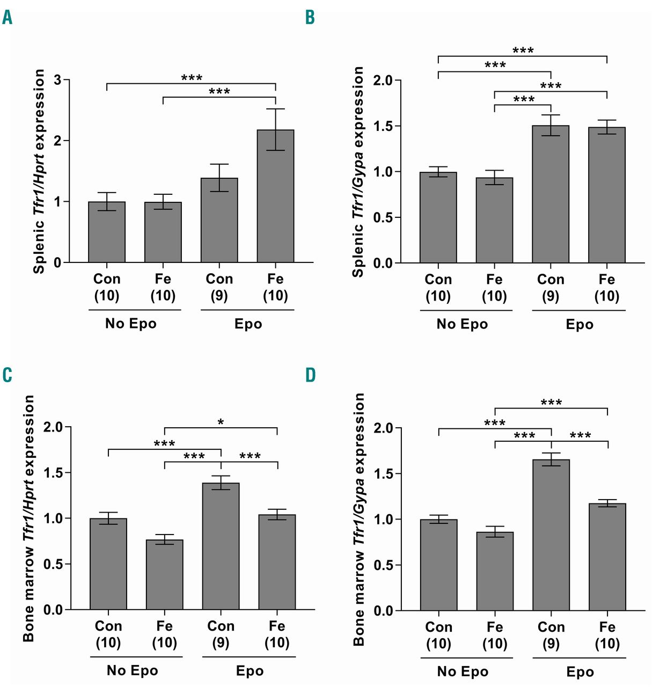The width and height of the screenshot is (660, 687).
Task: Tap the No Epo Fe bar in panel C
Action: coord(164,574)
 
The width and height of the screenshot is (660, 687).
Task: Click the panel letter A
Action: coord(7,18)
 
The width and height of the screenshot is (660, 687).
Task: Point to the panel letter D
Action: coord(310,375)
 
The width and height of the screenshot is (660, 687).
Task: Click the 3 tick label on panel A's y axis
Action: coord(57,81)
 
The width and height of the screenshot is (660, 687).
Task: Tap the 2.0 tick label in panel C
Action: coord(53,427)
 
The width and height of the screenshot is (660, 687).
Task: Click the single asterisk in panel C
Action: coord(221,422)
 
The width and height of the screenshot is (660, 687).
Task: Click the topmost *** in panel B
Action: coord(523,50)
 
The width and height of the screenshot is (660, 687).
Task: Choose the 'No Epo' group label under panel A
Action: coord(131,324)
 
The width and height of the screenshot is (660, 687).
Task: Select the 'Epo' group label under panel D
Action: coord(580,672)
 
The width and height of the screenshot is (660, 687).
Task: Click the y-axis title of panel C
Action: coord(28,518)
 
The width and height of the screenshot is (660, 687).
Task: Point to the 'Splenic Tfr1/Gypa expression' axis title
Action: coord(358,172)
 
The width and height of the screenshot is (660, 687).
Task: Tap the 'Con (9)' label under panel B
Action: coord(551,288)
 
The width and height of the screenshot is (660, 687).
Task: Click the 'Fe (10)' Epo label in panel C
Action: coord(277,634)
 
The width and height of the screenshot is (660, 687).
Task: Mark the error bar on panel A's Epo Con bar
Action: coord(219,177)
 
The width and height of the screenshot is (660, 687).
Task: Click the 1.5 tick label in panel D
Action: coord(383,474)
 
